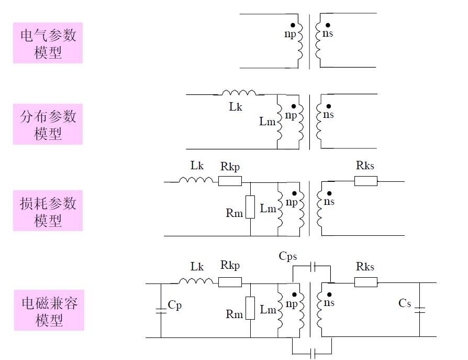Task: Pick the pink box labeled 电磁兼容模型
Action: [49, 312]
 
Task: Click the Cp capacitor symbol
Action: [161, 311]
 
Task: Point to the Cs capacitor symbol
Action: [419, 310]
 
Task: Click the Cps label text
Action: [288, 256]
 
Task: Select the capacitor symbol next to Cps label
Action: [313, 266]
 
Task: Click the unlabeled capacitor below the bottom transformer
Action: [313, 353]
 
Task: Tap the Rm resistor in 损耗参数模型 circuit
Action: [251, 208]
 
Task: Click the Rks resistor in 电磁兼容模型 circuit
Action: [365, 282]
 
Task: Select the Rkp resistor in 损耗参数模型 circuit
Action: [230, 181]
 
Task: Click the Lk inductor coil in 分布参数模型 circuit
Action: [239, 93]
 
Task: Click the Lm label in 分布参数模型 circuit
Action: [267, 121]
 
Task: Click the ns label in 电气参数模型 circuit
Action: [328, 34]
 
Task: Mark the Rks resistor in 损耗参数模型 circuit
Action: [365, 181]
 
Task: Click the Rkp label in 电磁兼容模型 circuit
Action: [230, 266]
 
